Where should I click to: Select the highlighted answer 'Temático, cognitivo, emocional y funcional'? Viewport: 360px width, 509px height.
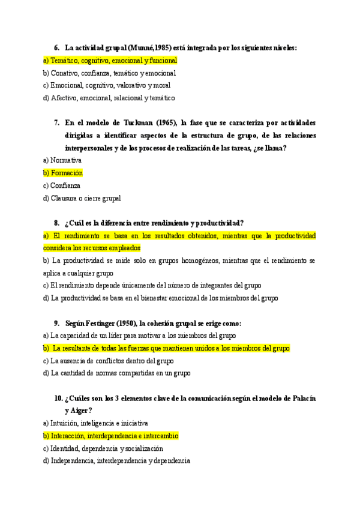pyautogui.click(x=110, y=61)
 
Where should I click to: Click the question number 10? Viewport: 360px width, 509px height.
pyautogui.click(x=58, y=398)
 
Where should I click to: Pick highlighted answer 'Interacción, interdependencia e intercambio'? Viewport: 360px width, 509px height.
pyautogui.click(x=110, y=436)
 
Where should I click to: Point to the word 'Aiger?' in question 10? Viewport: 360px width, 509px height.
pyautogui.click(x=83, y=411)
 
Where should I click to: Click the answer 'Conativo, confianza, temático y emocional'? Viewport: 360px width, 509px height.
pyautogui.click(x=109, y=73)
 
